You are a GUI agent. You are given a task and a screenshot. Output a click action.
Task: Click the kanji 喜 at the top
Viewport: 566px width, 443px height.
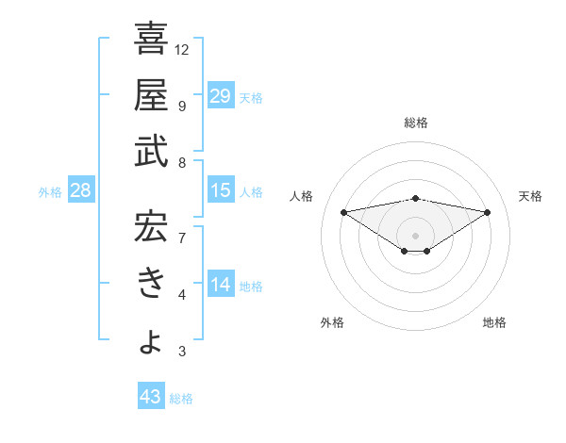151,40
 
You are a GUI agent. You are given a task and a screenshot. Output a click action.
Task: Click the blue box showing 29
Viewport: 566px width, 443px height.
220,96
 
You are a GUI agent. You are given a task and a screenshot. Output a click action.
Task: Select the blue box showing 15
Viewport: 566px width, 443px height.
220,191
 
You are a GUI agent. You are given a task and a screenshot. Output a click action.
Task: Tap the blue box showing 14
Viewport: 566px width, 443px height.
220,285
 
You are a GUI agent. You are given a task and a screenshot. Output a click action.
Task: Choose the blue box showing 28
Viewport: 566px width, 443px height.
80,191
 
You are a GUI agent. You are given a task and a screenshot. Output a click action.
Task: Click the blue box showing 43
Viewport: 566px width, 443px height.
150,398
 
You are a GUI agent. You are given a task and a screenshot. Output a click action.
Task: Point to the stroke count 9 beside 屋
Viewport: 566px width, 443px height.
181,106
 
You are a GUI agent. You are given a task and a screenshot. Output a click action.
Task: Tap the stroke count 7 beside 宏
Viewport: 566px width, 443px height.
181,238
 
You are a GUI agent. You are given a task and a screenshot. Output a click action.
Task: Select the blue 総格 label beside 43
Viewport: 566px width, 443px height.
181,399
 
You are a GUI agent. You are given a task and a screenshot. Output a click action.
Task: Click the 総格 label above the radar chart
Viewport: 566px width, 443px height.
416,123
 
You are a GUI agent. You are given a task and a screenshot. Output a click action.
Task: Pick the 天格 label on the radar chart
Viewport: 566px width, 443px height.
531,196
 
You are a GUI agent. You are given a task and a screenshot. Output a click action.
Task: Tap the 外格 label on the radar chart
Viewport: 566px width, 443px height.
332,322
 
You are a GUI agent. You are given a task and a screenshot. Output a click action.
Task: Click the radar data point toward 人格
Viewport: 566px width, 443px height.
344,211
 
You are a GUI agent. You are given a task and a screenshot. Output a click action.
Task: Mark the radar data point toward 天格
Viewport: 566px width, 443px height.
488,212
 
